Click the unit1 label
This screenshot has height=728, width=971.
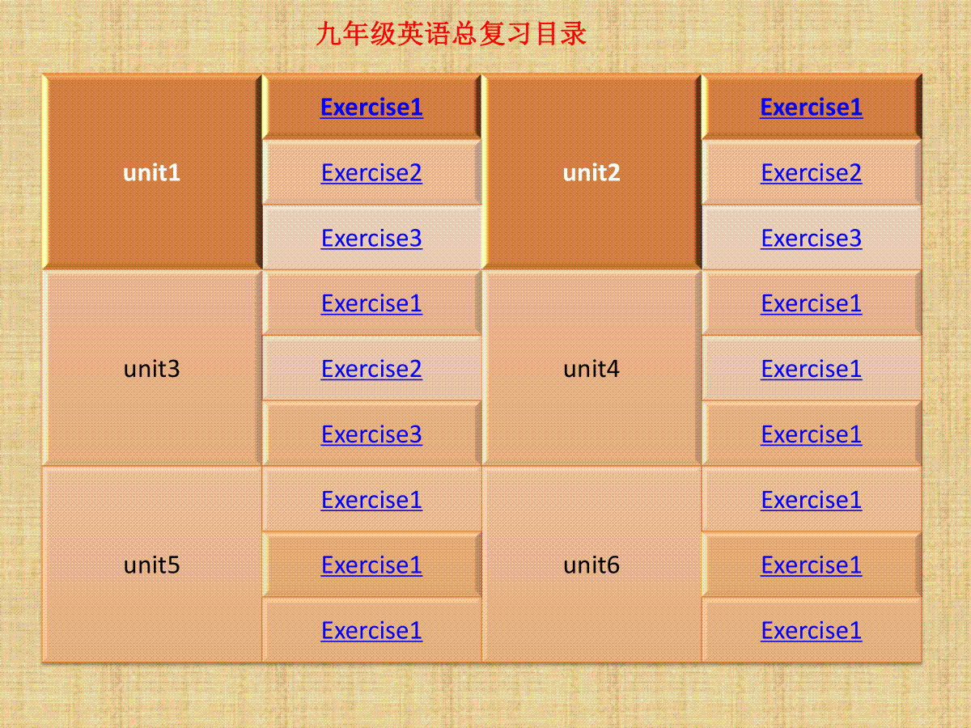(151, 172)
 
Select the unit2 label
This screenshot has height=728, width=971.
(591, 172)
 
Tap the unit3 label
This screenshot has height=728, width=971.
(151, 369)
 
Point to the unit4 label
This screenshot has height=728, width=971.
(591, 369)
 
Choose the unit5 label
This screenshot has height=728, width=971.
(151, 565)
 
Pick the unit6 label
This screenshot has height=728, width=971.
(591, 565)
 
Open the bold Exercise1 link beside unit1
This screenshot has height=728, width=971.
(371, 108)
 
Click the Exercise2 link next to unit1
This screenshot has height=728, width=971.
(371, 173)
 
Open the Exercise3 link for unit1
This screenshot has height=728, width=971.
(371, 239)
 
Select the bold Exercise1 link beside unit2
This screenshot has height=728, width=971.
(812, 108)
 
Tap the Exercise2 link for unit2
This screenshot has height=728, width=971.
(812, 173)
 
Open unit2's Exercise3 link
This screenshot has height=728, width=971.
(812, 239)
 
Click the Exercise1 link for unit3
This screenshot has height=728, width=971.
(371, 303)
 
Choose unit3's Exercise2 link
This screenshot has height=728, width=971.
(371, 369)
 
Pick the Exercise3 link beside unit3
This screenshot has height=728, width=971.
(371, 434)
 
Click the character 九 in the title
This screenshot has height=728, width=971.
(329, 34)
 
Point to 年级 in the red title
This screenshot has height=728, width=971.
(370, 34)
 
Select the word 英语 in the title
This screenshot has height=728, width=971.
(424, 34)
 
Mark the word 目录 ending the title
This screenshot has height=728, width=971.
(560, 34)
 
